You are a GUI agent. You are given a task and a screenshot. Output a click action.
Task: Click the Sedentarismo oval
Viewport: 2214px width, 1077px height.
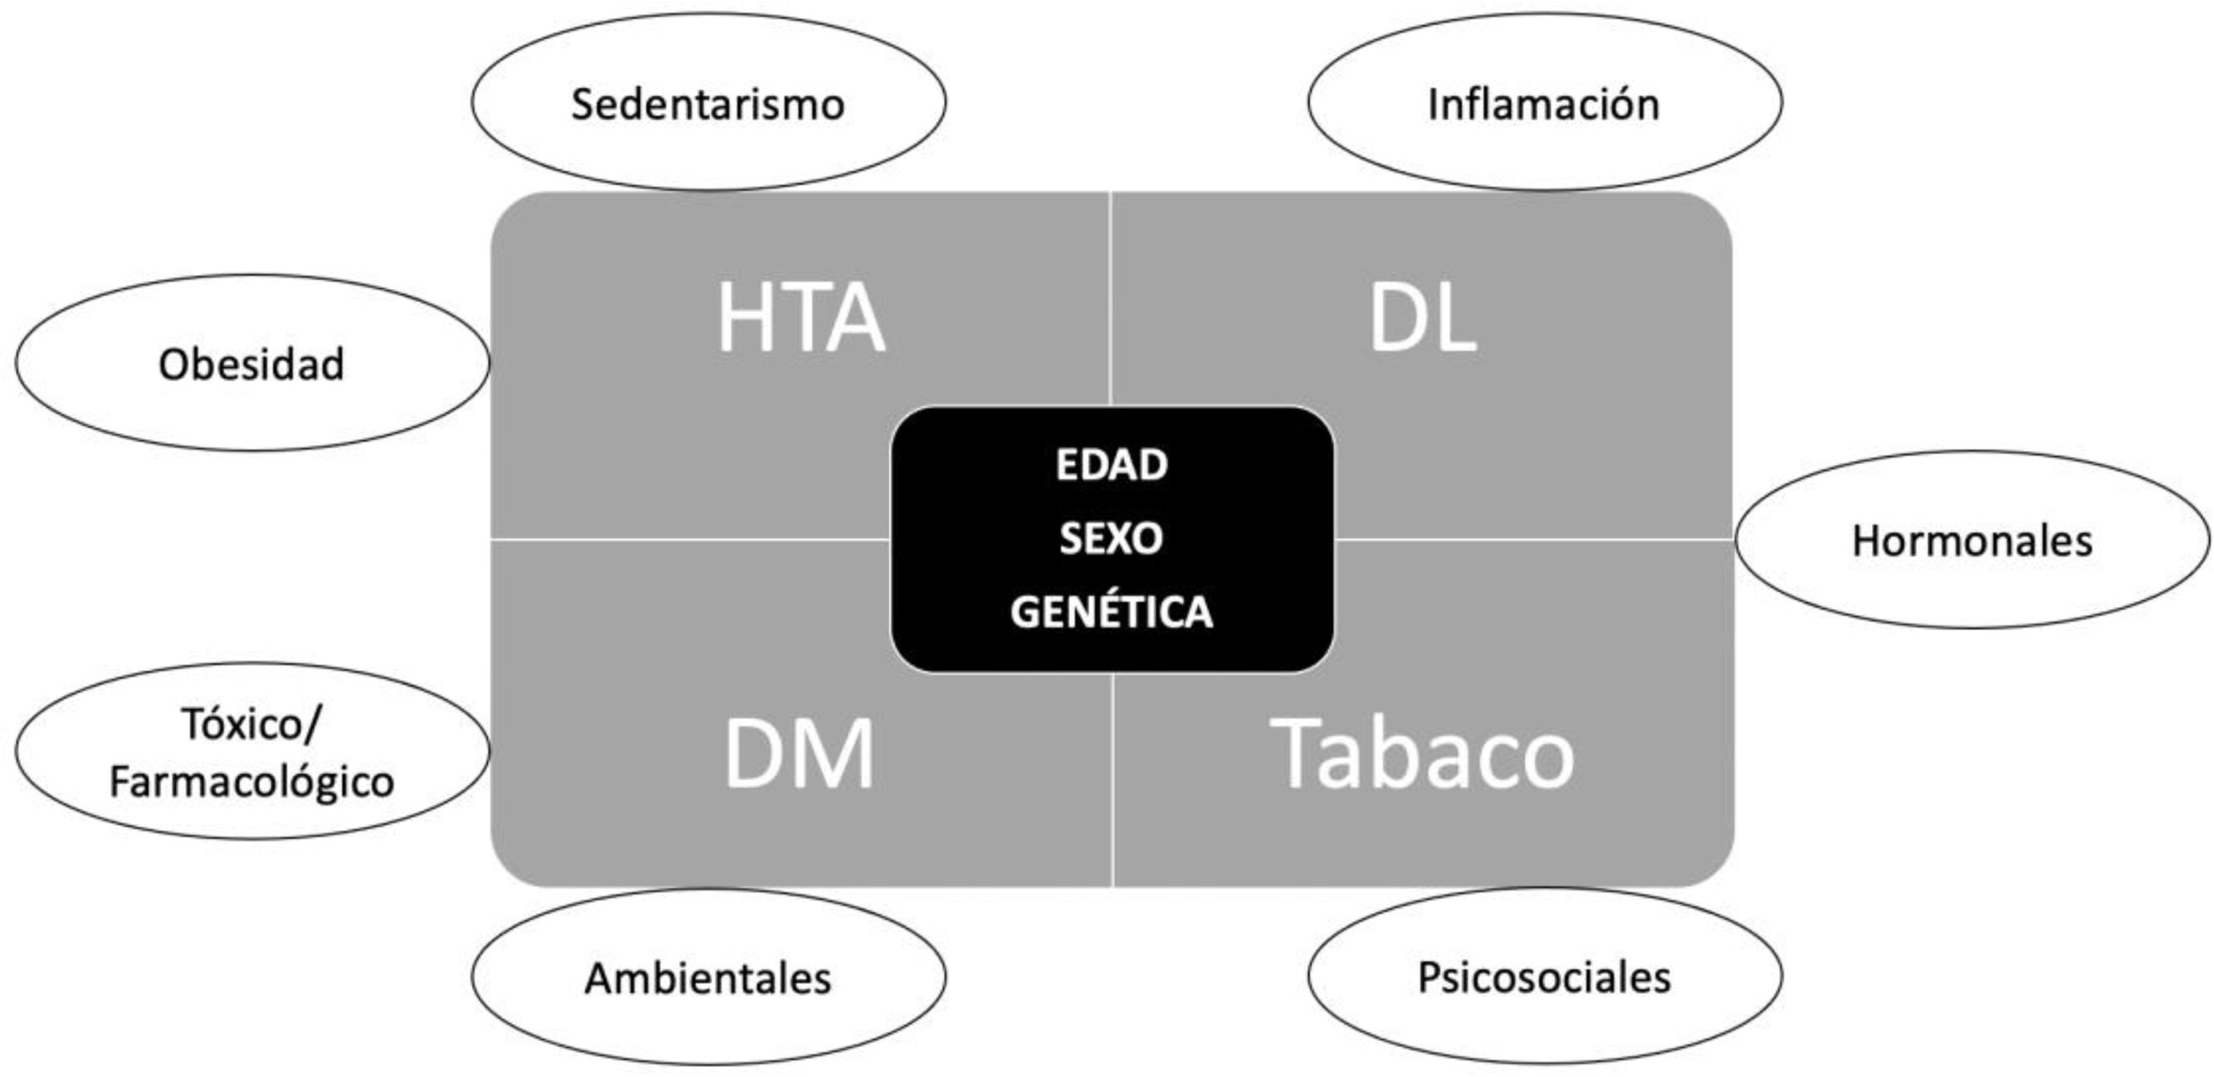click(708, 102)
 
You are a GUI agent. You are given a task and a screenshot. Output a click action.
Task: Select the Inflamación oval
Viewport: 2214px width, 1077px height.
click(1544, 102)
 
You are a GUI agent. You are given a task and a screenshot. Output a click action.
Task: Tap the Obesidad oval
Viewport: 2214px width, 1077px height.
click(252, 363)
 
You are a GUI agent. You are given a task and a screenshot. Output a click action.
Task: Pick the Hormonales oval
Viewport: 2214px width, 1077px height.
click(1972, 540)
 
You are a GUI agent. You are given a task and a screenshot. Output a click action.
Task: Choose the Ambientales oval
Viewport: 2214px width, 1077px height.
click(708, 977)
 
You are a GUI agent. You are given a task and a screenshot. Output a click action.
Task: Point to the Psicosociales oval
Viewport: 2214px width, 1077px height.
click(1544, 977)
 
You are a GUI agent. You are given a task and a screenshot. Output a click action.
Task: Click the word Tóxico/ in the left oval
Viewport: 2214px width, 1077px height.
click(251, 725)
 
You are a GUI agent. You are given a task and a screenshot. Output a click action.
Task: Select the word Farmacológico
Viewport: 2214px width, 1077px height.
click(252, 782)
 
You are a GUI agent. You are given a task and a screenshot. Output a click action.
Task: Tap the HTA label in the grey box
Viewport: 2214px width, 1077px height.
click(800, 318)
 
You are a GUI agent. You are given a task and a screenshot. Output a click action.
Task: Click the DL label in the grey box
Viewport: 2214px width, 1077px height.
click(1422, 318)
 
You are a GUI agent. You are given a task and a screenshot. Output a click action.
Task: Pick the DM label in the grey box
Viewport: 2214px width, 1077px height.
click(799, 755)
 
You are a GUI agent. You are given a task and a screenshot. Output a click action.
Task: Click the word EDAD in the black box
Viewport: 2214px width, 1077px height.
click(1112, 465)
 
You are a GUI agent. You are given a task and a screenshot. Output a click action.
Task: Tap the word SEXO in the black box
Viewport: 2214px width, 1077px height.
click(1112, 539)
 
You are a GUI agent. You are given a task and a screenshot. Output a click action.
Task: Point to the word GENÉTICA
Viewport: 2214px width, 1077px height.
click(1112, 612)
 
